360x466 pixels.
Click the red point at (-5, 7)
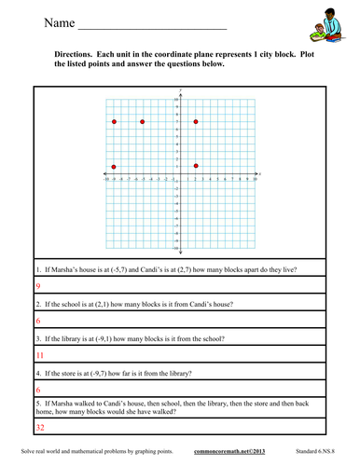coord(142,122)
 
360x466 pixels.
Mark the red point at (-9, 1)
coord(114,167)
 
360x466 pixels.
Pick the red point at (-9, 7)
coord(114,122)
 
